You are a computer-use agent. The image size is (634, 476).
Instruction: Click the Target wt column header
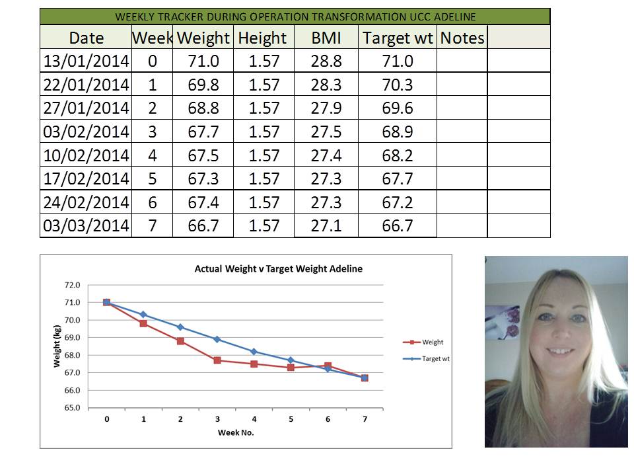397,38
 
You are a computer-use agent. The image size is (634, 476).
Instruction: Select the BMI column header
326,38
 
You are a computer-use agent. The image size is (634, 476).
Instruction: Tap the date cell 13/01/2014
86,61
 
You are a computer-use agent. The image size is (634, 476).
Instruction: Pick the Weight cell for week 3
203,132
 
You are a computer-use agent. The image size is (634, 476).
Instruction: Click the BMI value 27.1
326,226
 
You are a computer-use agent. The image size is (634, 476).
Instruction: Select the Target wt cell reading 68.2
398,155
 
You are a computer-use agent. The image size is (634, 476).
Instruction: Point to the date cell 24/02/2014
86,202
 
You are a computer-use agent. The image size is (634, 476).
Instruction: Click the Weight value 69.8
203,85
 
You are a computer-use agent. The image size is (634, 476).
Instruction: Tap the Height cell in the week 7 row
264,226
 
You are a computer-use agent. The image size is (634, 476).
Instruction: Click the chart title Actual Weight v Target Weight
278,269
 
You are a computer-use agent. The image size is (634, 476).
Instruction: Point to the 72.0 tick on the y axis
71,285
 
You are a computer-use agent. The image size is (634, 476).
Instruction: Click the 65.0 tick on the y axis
71,408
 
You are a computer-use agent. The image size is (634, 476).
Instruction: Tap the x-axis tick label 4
254,419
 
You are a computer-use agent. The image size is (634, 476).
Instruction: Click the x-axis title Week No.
236,433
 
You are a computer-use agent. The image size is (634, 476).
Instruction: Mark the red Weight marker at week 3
217,360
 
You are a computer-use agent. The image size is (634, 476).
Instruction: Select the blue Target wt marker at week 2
180,327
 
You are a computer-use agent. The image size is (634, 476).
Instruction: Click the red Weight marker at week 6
328,366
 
